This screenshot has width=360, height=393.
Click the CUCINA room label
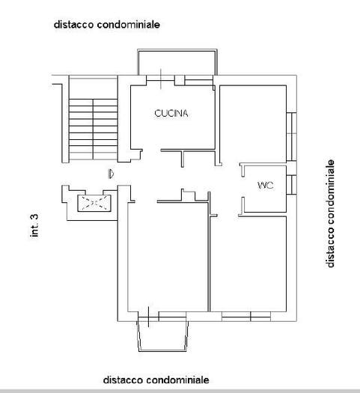(171, 113)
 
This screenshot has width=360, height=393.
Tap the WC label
(265, 186)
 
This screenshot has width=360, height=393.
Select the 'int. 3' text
(34, 225)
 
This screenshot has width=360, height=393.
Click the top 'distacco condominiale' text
(107, 25)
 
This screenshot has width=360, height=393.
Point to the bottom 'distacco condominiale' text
(156, 380)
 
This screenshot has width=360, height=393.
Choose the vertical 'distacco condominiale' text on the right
(330, 213)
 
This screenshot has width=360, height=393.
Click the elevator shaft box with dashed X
(94, 203)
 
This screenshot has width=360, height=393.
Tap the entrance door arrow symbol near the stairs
(111, 174)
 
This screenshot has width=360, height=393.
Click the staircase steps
(94, 129)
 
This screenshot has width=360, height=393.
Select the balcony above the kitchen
(177, 62)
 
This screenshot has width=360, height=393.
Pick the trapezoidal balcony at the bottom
(162, 336)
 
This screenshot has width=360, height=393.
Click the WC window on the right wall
(291, 185)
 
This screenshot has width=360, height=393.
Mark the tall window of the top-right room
(291, 136)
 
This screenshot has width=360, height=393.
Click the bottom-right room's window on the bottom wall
(246, 317)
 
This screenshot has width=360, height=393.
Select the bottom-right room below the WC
(248, 264)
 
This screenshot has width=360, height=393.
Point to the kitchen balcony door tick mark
(161, 79)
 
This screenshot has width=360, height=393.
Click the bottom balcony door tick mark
(149, 317)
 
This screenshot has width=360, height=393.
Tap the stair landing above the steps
(94, 88)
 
